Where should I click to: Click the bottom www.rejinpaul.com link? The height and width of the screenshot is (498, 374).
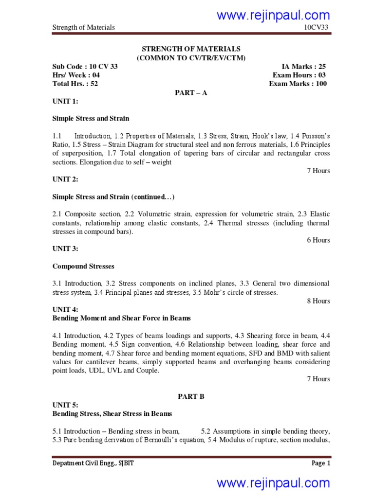tap(273, 483)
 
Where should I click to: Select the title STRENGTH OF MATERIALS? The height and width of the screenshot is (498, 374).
tap(191, 49)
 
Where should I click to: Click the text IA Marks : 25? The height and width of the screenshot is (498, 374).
tap(304, 67)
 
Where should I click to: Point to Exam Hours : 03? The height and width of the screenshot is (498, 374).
tap(299, 75)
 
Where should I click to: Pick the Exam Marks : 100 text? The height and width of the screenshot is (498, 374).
tap(298, 84)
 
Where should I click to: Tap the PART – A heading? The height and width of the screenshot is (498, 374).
tap(191, 93)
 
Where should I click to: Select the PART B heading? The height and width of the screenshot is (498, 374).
tap(191, 396)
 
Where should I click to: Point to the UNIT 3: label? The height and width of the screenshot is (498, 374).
tap(65, 249)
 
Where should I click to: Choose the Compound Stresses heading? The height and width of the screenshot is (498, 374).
tap(83, 266)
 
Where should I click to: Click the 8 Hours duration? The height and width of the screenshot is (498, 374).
tap(318, 301)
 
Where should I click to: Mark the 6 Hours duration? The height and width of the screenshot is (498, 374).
tap(318, 240)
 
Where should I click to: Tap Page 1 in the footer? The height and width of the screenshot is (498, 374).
tap(321, 463)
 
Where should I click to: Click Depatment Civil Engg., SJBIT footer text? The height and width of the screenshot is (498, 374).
tap(93, 463)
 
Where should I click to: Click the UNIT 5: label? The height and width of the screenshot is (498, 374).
tap(65, 405)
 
